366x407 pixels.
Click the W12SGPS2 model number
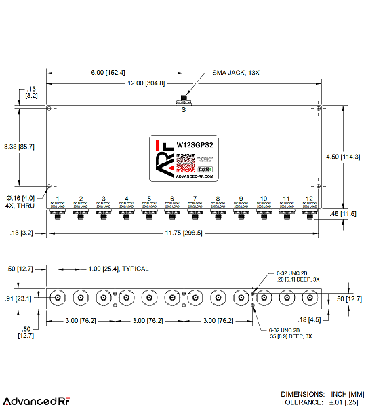click(x=195, y=144)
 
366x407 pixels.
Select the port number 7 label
click(x=195, y=199)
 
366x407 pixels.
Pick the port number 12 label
click(x=309, y=199)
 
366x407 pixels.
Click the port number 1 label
click(x=58, y=199)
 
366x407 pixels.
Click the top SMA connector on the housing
click(x=182, y=102)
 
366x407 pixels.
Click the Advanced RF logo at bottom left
click(x=37, y=401)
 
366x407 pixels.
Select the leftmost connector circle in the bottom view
click(x=58, y=298)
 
